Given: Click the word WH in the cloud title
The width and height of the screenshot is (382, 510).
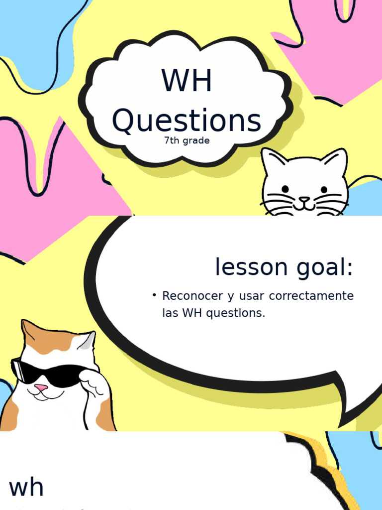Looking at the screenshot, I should pyautogui.click(x=187, y=81).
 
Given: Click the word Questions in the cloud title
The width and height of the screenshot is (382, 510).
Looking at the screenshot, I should pyautogui.click(x=187, y=121).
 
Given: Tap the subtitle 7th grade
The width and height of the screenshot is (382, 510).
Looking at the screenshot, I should pyautogui.click(x=187, y=140).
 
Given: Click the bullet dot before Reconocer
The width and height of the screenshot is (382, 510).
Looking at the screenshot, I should pyautogui.click(x=155, y=296).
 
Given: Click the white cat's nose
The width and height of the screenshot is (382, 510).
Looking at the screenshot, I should pyautogui.click(x=304, y=199).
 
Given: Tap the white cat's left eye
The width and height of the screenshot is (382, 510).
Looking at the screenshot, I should pyautogui.click(x=286, y=189).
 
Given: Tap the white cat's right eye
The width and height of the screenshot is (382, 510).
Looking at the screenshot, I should pyautogui.click(x=324, y=189).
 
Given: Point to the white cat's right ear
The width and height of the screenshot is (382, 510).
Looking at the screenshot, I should pyautogui.click(x=336, y=160).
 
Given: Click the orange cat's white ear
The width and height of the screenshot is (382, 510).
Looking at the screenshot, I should pyautogui.click(x=86, y=342).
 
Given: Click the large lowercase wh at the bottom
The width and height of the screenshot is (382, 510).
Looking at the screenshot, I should pyautogui.click(x=26, y=488).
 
